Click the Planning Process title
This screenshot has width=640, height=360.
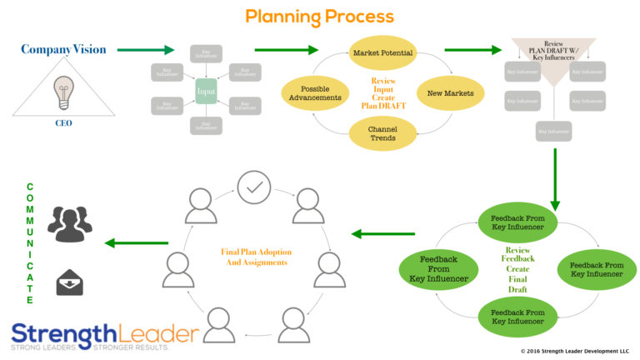coord(319,16)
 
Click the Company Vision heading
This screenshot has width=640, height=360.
coord(64,49)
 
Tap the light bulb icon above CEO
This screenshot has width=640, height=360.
coord(63,92)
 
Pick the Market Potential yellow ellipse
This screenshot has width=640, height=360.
coord(383,53)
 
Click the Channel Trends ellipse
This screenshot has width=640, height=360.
coord(383,132)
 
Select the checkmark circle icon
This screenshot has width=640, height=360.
coord(253,187)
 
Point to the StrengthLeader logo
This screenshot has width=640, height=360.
coord(105,335)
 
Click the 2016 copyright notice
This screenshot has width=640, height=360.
coord(574,352)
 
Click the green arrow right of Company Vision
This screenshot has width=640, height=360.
coord(145,50)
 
